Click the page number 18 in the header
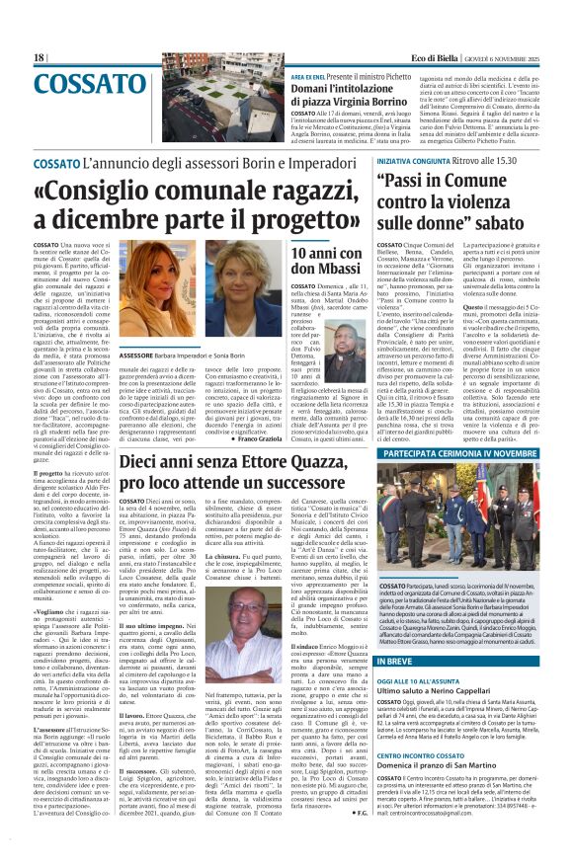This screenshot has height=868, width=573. (39, 58)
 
